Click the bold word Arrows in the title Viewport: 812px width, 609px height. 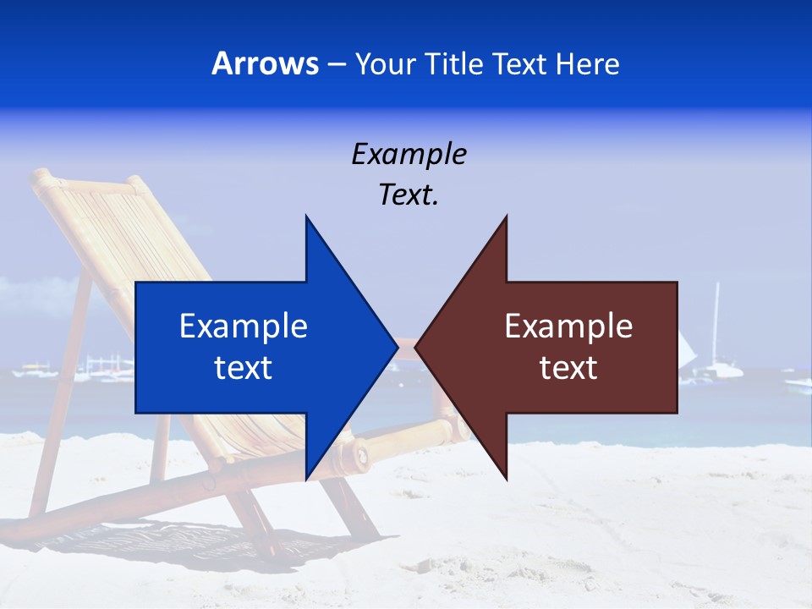point(264,63)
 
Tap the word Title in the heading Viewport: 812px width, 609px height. point(454,63)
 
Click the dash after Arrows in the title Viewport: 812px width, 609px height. point(335,64)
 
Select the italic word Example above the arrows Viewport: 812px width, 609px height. point(409,154)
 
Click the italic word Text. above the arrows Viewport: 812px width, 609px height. point(409,195)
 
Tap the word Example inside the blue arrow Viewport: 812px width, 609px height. point(244,326)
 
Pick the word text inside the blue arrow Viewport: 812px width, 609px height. point(244,368)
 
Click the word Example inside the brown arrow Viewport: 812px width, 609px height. point(568,326)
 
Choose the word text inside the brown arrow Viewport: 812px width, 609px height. point(568,368)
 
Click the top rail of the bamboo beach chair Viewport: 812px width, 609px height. point(85,178)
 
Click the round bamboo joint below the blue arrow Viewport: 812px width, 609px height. point(361,455)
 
